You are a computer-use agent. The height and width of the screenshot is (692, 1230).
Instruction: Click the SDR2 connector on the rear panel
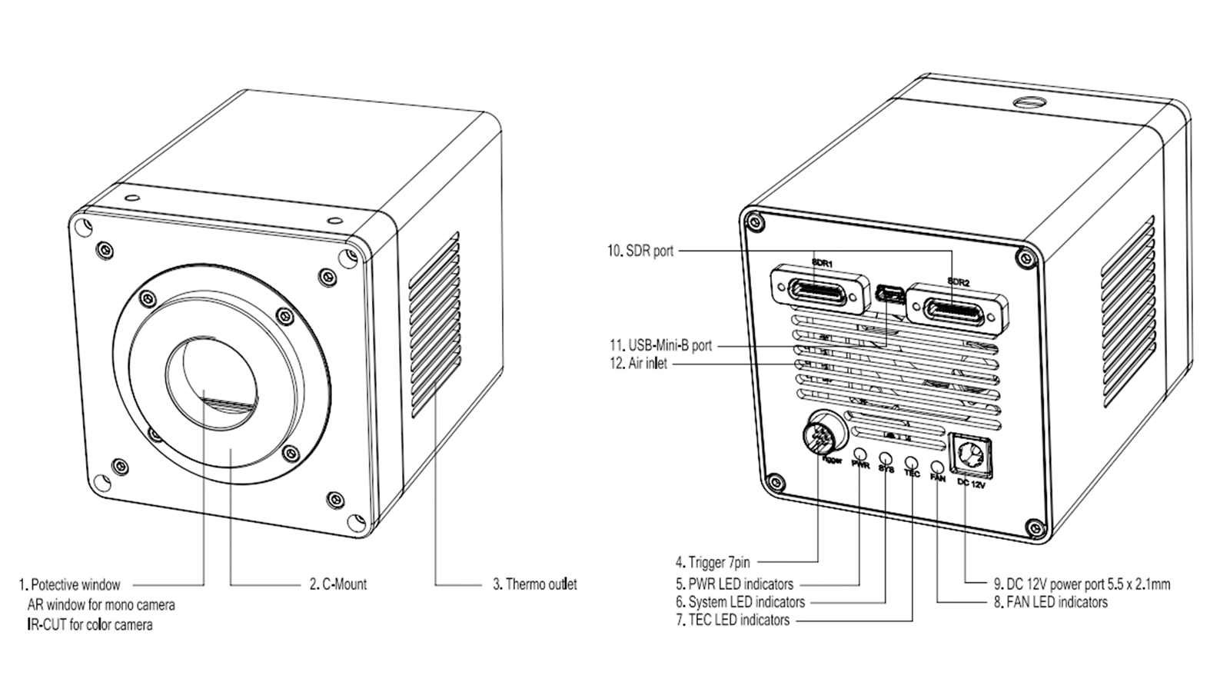click(x=957, y=307)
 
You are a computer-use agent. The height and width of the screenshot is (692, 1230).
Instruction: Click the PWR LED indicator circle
click(x=860, y=455)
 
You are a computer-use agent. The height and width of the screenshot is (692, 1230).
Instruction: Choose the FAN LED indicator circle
click(x=937, y=466)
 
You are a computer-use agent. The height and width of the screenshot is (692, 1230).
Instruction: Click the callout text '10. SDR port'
click(x=640, y=251)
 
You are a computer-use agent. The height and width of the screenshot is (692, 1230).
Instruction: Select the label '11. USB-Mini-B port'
click(x=660, y=345)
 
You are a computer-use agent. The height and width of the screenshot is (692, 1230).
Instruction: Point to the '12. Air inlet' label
click(x=638, y=364)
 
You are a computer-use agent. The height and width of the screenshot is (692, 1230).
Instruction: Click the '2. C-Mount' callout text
click(x=338, y=584)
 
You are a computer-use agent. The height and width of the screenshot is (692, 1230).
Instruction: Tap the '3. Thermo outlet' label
click(x=534, y=584)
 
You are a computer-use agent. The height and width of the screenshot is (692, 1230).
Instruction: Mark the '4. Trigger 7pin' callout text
click(x=713, y=563)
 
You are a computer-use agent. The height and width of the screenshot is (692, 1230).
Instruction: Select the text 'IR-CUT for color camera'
click(x=90, y=625)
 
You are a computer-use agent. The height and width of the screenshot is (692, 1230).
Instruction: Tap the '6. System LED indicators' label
click(x=740, y=602)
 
